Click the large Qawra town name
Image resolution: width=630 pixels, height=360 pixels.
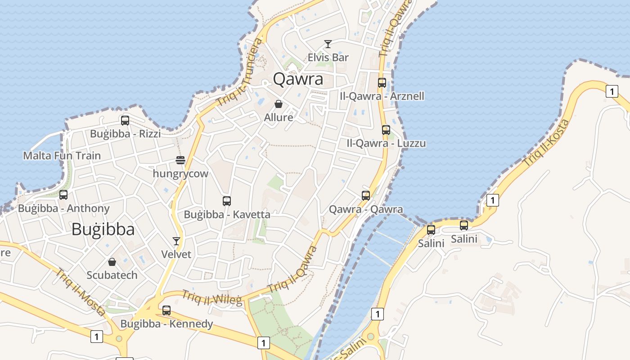298,79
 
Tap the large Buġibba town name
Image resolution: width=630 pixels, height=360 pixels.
103,229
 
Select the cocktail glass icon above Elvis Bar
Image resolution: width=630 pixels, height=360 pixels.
328,44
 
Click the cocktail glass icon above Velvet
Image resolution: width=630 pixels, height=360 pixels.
176,241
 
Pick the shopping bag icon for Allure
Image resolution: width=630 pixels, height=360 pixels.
279,104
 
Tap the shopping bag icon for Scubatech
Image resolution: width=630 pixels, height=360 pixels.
112,262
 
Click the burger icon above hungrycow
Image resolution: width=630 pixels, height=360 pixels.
180,160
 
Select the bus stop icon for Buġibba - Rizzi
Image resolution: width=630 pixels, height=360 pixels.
125,121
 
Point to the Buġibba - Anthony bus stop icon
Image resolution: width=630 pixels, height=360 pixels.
63,195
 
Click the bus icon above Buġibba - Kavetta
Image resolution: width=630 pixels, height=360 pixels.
227,201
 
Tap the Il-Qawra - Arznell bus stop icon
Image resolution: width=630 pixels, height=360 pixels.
382,83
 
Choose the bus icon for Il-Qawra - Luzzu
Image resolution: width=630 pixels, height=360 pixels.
386,130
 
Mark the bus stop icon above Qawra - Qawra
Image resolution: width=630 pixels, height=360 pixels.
366,196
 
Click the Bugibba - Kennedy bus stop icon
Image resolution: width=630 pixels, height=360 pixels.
166,310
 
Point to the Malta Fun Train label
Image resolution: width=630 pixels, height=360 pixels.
62,156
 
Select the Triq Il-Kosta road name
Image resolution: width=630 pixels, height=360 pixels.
547,143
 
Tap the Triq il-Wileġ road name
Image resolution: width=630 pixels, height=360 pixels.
211,297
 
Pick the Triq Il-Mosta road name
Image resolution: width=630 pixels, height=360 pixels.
80,292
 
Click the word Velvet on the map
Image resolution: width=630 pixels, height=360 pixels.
176,254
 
